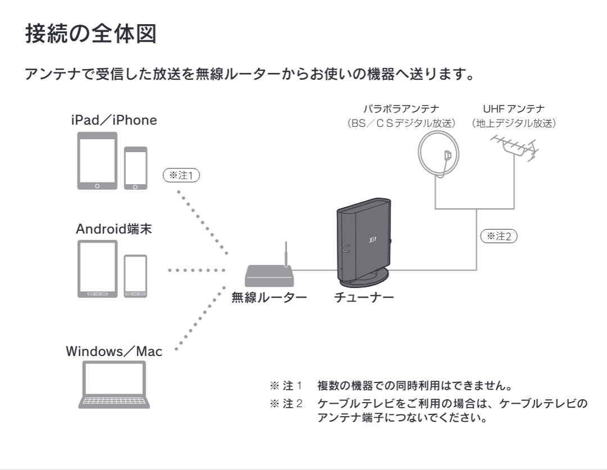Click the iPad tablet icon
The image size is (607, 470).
pyautogui.click(x=97, y=161)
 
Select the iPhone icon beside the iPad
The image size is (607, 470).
pyautogui.click(x=135, y=168)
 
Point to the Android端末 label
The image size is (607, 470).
pyautogui.click(x=114, y=229)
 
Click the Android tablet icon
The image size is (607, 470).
pyautogui.click(x=97, y=268)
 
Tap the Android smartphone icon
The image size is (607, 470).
pyautogui.click(x=135, y=276)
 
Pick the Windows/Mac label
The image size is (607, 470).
pyautogui.click(x=114, y=352)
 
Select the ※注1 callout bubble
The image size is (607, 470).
pyautogui.click(x=181, y=175)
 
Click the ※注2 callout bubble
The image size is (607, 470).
pyautogui.click(x=498, y=236)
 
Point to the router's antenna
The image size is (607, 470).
pyautogui.click(x=286, y=254)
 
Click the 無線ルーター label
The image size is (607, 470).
pyautogui.click(x=269, y=298)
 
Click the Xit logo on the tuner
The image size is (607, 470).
pyautogui.click(x=372, y=240)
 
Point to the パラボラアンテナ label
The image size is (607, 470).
pyautogui.click(x=401, y=108)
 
